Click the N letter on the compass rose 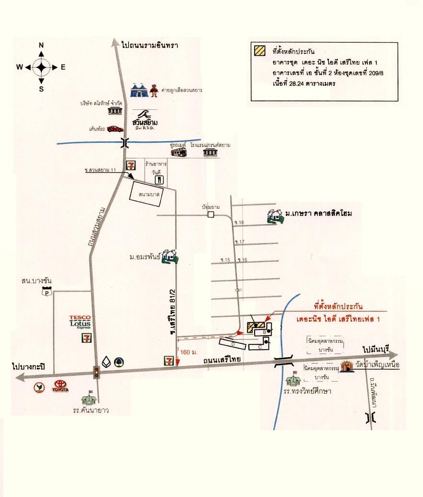click(41, 46)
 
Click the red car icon click(115, 129)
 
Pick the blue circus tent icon click(140, 90)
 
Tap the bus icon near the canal click(179, 152)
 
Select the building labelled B click(264, 331)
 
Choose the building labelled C click(259, 346)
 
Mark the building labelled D click(233, 344)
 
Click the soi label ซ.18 click(239, 223)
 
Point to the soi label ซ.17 click(239, 242)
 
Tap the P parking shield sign click(47, 291)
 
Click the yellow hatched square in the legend click(260, 49)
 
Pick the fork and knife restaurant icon click(159, 180)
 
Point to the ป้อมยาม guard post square click(211, 215)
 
